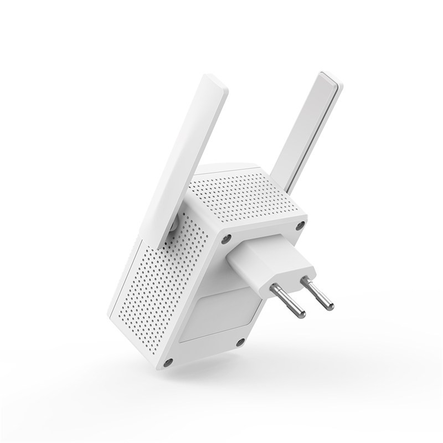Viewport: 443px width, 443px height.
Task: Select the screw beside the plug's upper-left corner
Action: point(227,239)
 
